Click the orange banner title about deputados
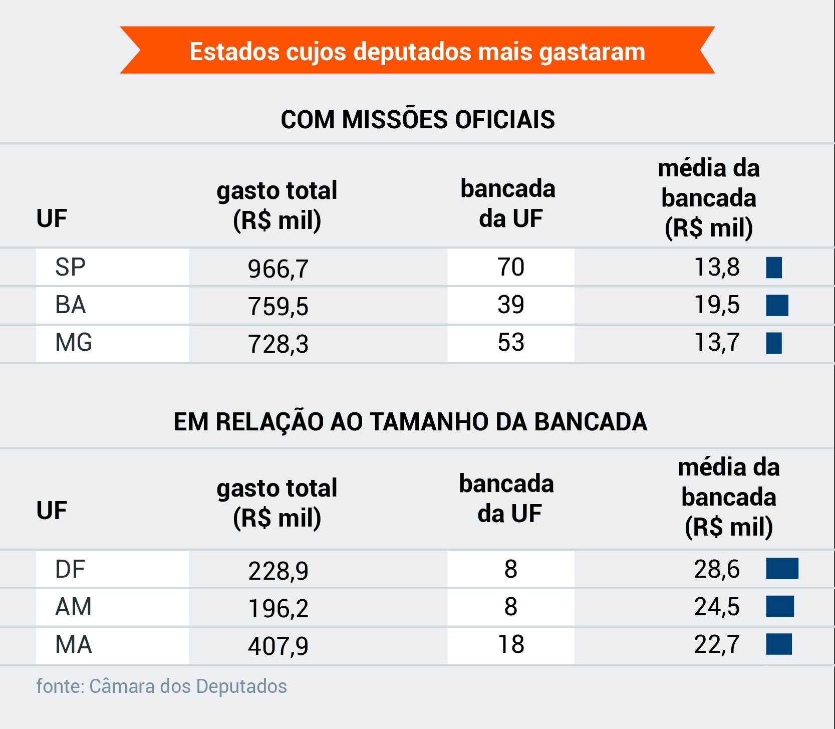417,51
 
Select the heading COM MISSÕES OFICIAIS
417,120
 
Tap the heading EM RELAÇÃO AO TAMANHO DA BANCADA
410,422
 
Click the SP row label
70,267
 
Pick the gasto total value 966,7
278,269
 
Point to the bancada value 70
510,267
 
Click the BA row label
71,305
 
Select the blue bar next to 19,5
777,305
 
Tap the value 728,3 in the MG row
278,344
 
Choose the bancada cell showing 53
510,343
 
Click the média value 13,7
716,343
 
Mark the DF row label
70,569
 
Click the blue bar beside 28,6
782,569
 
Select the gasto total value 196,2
278,608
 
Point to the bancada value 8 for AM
510,607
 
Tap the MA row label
73,644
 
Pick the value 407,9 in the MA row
278,646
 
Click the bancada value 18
510,644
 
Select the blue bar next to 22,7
779,644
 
